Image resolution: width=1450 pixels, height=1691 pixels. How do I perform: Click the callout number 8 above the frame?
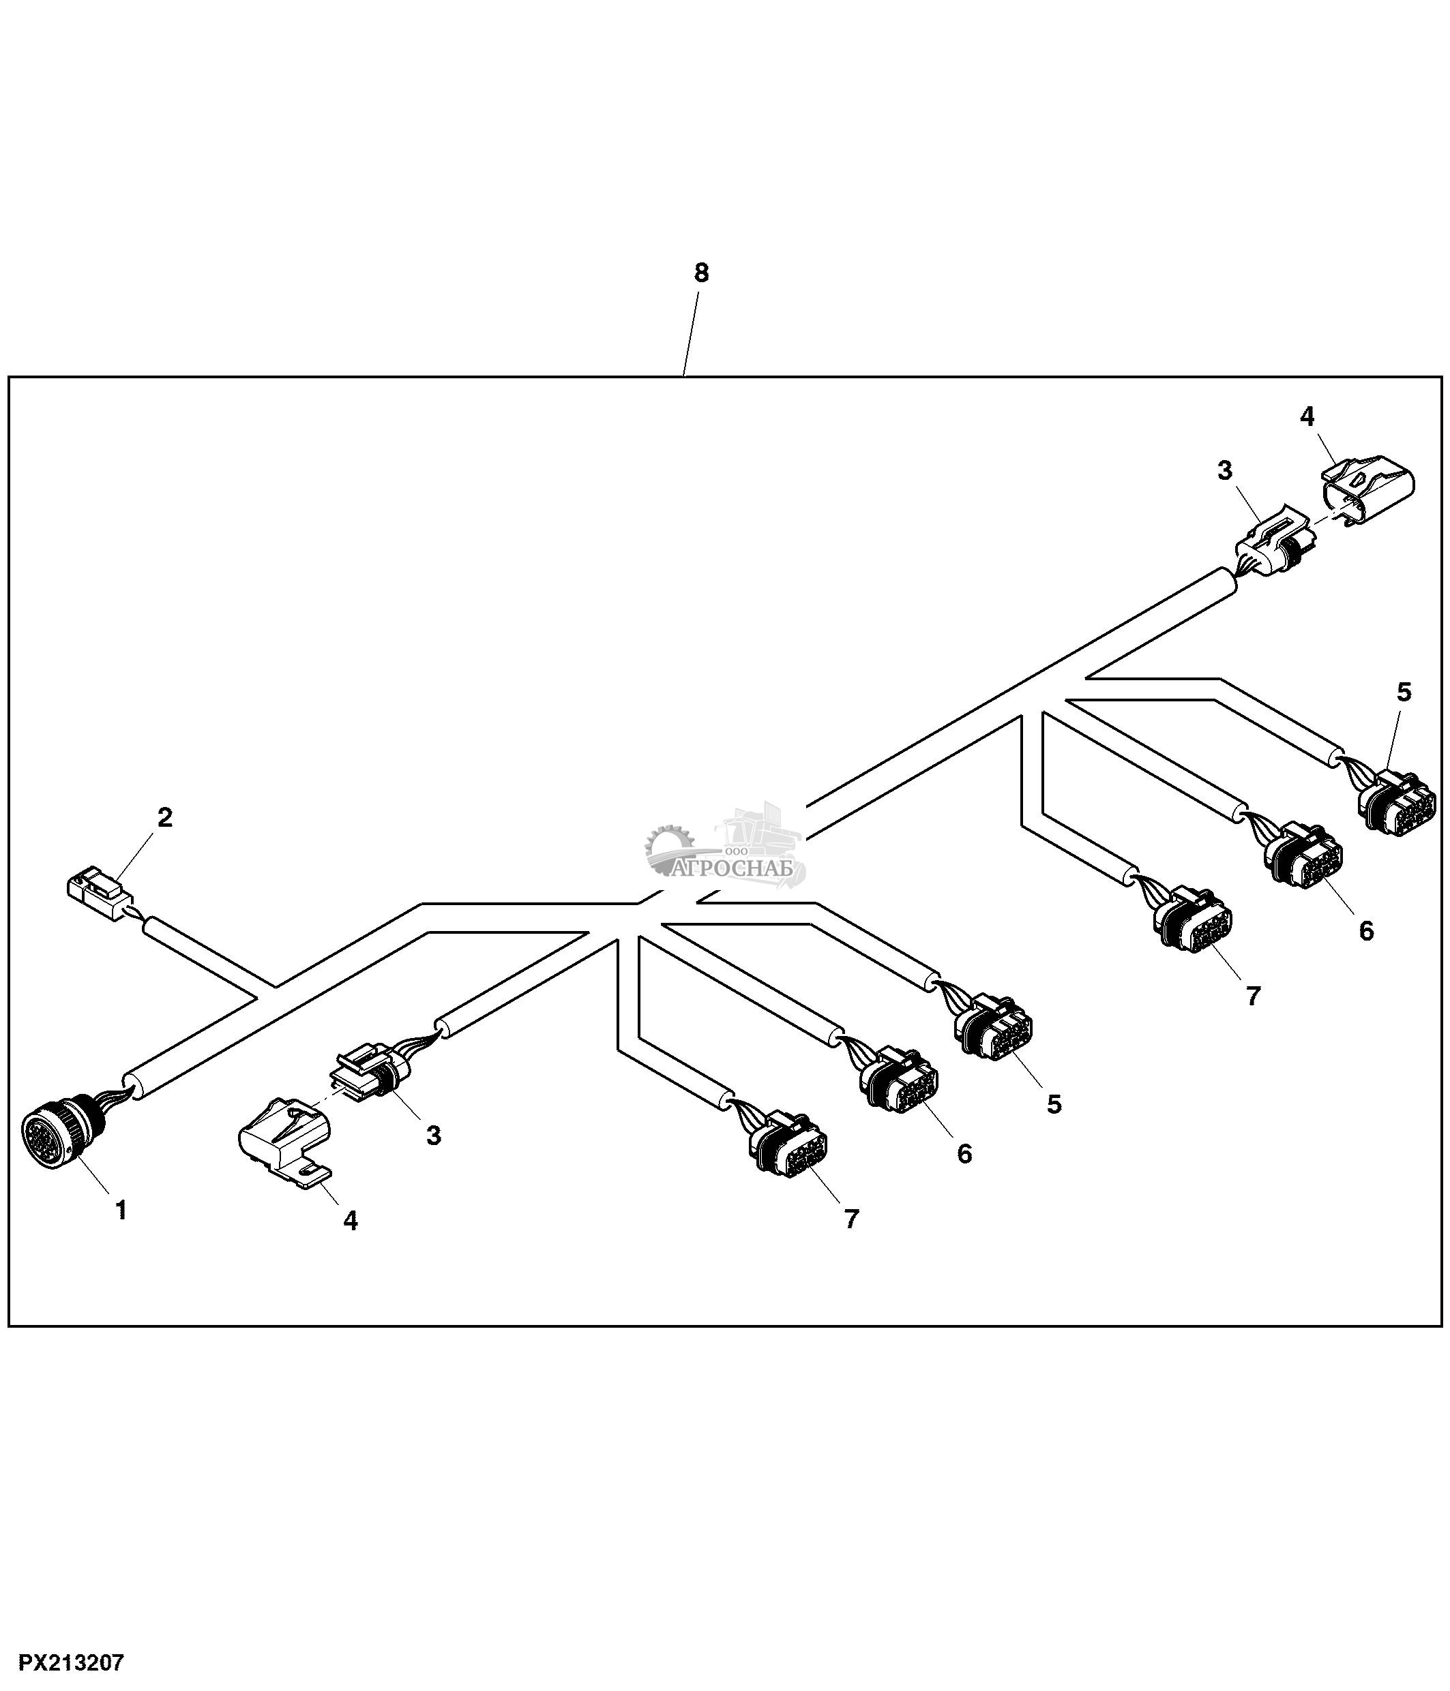701,273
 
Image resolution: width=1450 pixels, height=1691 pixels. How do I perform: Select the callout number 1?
121,1210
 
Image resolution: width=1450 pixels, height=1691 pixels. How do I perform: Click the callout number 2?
165,818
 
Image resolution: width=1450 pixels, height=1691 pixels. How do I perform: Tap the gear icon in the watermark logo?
668,843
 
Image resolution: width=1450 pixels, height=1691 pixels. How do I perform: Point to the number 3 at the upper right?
1225,471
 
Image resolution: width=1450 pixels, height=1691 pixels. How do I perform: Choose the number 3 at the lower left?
434,1136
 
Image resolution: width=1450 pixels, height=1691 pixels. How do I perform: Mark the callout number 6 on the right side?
1366,931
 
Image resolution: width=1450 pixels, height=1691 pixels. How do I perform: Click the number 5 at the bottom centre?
1054,1104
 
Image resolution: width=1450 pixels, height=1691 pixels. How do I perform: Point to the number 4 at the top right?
1307,417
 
